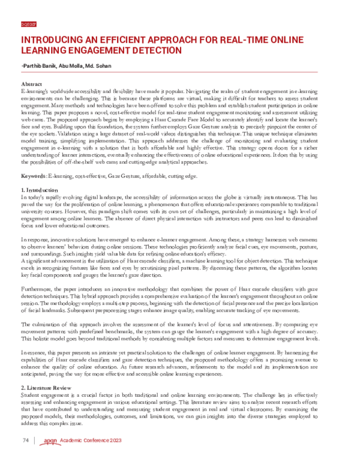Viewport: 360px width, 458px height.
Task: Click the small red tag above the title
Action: click(x=28, y=25)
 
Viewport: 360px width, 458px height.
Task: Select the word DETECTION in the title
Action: click(x=155, y=51)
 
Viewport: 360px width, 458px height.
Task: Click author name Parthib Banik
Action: click(x=41, y=65)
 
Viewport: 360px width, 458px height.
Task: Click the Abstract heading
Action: click(x=31, y=84)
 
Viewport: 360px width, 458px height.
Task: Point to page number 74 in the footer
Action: click(x=25, y=441)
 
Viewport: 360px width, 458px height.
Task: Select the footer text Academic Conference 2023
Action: click(x=87, y=441)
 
